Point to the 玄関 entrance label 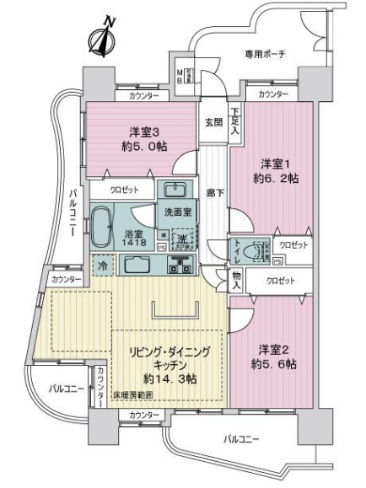click(x=213, y=121)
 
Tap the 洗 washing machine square click(x=180, y=239)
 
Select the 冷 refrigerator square click(x=101, y=265)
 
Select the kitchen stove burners click(x=180, y=265)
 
